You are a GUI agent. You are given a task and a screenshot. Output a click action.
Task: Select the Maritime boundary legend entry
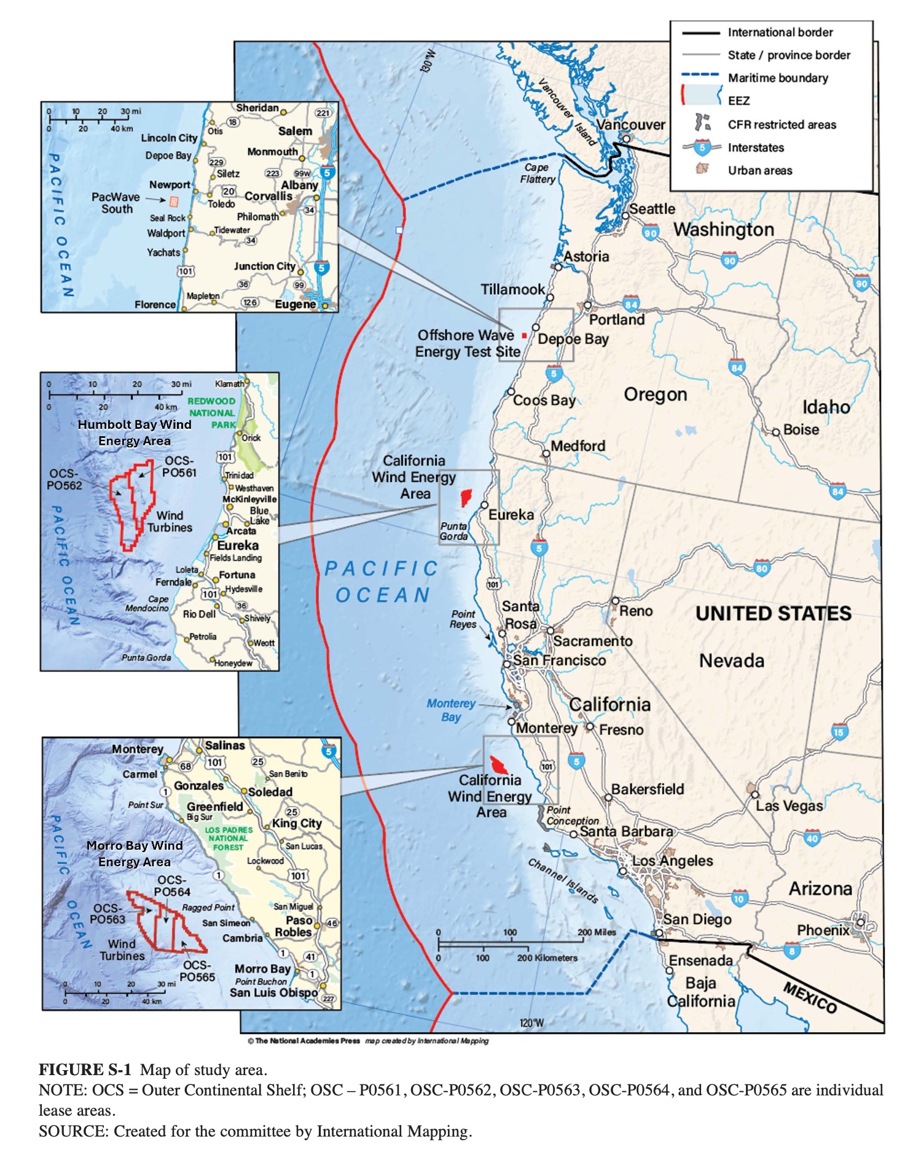[777, 78]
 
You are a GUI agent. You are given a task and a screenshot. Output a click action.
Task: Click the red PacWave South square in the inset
[174, 201]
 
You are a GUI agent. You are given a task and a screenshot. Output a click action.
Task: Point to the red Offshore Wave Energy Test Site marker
[523, 335]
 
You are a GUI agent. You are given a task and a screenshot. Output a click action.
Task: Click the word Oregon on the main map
[655, 394]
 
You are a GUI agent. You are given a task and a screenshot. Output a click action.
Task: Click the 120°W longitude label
[531, 1023]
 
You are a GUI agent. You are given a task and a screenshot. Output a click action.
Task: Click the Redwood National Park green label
[212, 412]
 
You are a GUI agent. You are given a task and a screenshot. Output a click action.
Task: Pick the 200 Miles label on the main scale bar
[596, 932]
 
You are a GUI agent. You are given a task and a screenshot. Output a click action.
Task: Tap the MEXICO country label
[810, 996]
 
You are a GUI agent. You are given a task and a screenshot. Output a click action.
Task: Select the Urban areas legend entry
[759, 170]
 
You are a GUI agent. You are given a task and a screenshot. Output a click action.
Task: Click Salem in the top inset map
[295, 131]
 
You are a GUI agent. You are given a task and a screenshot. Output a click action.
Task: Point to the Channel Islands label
[563, 880]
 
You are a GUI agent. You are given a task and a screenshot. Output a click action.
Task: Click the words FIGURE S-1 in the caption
[85, 1070]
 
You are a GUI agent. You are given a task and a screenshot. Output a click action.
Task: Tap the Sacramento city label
[592, 641]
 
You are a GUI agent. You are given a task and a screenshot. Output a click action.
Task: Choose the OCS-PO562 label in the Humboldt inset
[65, 479]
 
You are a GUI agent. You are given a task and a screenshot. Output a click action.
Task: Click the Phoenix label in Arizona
[823, 930]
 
